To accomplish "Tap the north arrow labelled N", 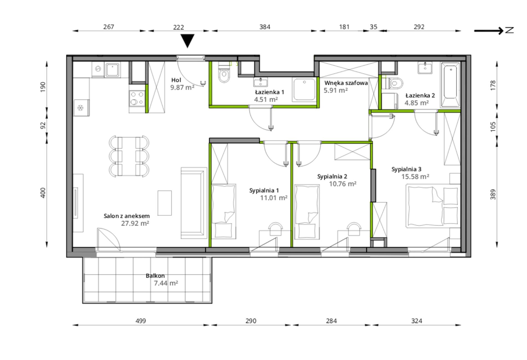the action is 494,30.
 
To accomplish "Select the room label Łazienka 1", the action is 270,92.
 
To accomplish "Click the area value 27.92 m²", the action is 135,223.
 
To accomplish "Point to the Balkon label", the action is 155,276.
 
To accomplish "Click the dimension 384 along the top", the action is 265,27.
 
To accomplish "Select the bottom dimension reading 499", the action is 141,321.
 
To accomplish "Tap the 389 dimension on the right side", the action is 493,195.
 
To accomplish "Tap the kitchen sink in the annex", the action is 113,69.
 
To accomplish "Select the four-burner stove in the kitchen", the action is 137,98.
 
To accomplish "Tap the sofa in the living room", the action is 194,203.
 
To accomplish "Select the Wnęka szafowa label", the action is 346,83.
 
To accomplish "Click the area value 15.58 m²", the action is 415,176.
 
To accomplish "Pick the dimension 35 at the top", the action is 374,27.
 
